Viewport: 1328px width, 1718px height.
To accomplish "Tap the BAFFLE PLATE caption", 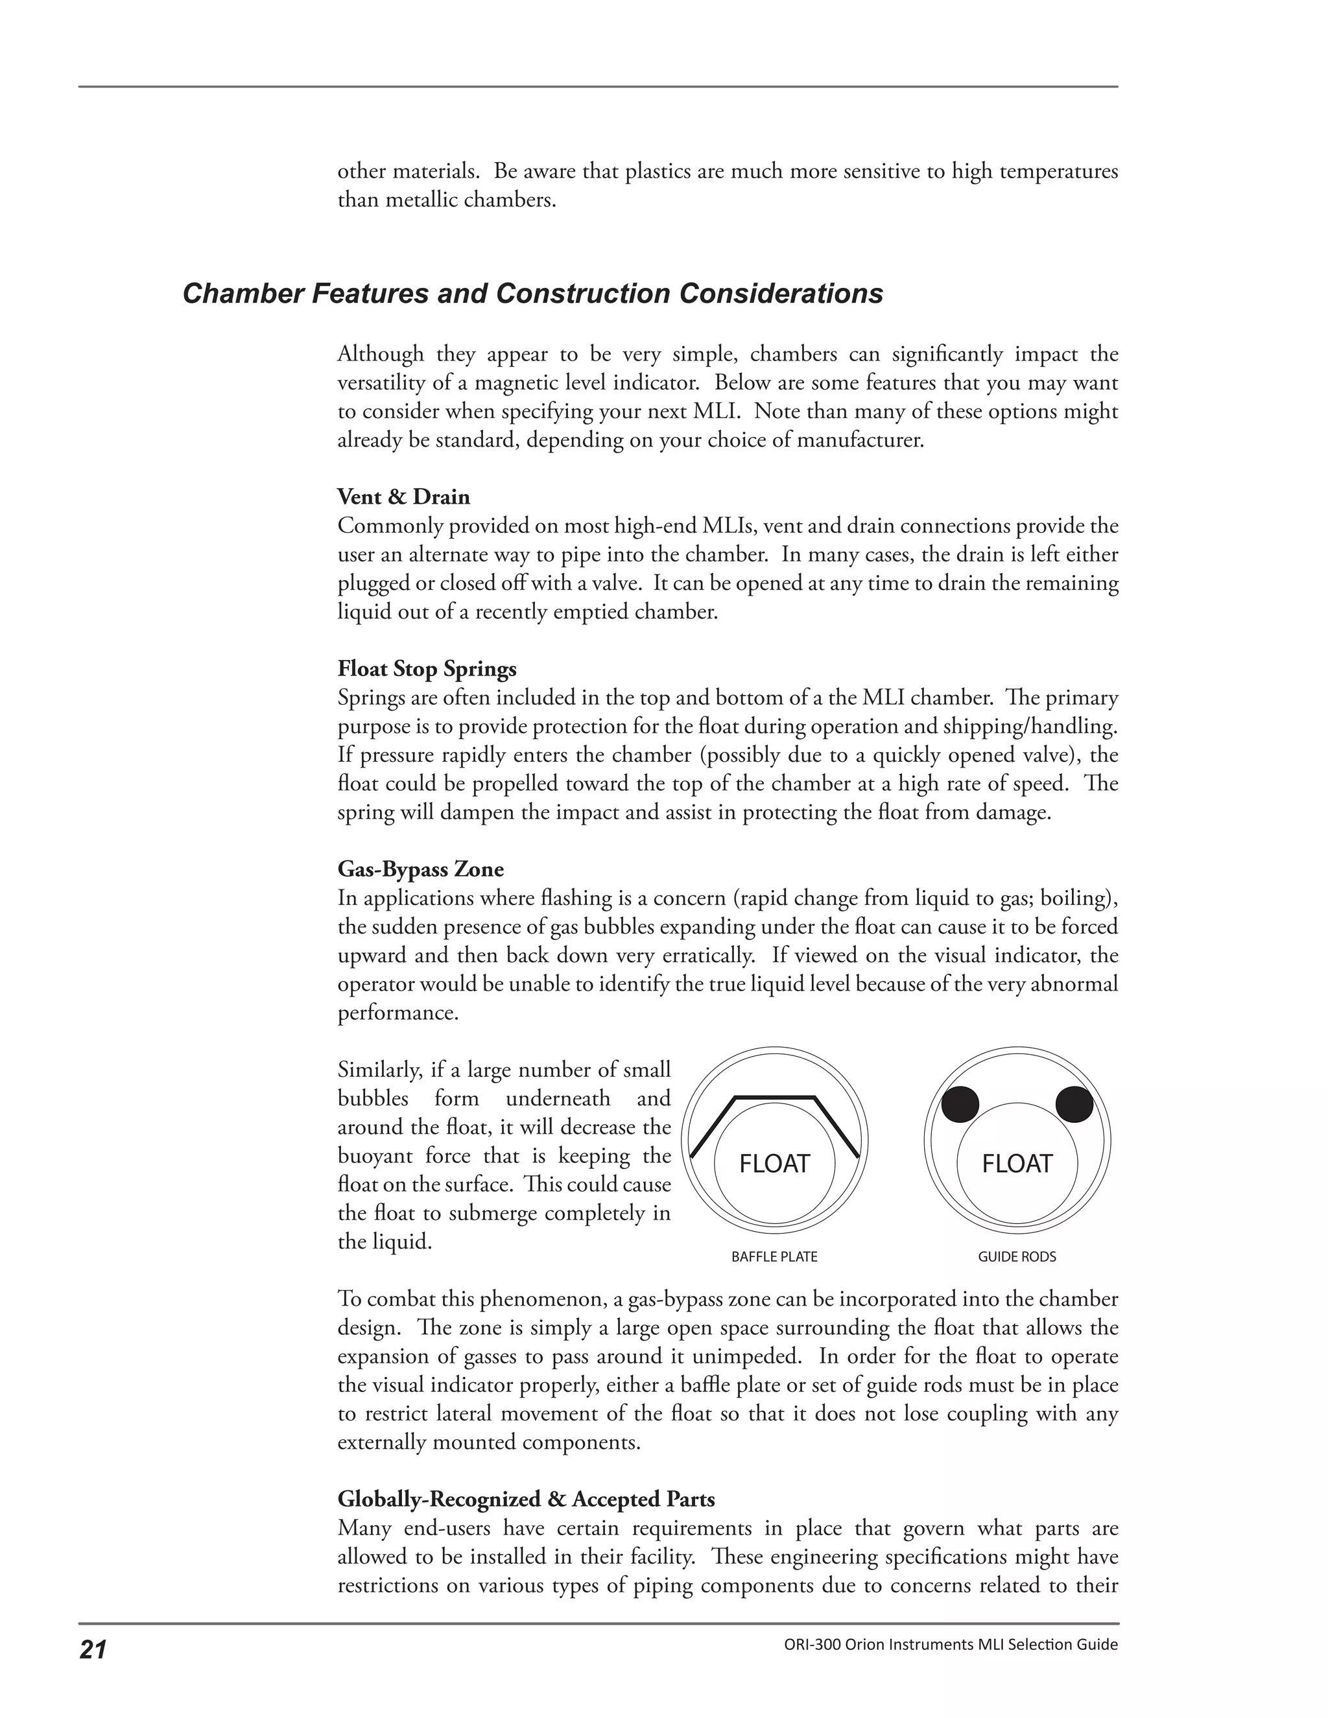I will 774,1257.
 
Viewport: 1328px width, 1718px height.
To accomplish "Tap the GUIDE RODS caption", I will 1017,1257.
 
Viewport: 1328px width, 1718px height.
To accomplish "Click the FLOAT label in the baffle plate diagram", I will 774,1164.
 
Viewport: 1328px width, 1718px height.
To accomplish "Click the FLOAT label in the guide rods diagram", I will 1017,1164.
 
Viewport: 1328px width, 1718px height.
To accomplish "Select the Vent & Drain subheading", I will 403,497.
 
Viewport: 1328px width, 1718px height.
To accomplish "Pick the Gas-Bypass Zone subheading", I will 421,869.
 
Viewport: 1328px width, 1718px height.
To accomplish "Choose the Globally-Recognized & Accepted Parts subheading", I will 527,1500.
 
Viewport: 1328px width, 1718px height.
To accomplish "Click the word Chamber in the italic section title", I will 243,294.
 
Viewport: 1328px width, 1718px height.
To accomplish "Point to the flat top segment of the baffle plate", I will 774,1096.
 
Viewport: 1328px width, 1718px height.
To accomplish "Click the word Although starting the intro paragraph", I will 380,355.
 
